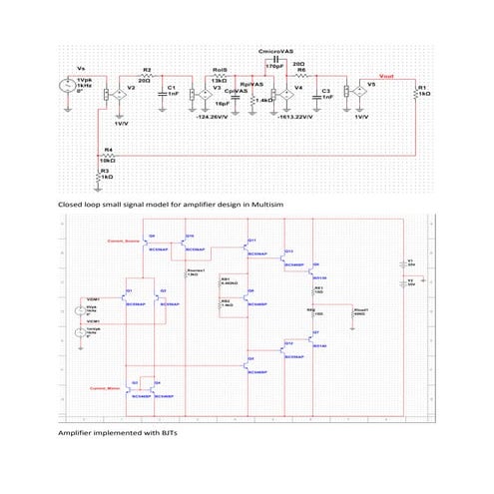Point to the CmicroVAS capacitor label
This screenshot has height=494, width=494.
(x=274, y=49)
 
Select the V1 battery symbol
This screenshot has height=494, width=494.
(x=420, y=265)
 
